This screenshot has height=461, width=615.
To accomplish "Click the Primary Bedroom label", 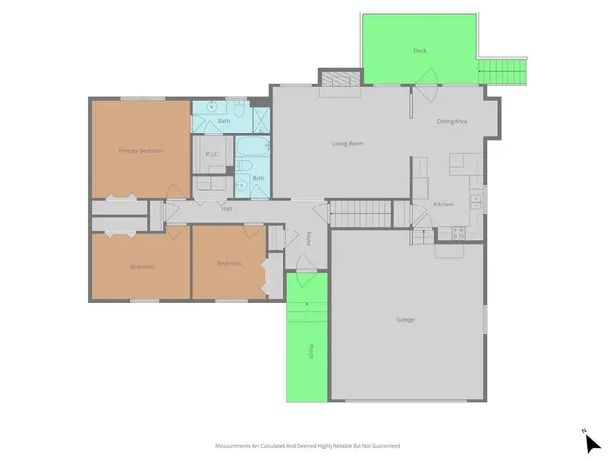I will click(141, 151).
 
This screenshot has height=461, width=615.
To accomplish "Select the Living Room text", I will click(348, 144).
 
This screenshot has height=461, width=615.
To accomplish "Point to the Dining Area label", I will click(452, 122).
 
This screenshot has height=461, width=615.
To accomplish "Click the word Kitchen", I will click(443, 205).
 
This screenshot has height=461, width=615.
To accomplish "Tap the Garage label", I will click(406, 319).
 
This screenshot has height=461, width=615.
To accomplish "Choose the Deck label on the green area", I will click(419, 50).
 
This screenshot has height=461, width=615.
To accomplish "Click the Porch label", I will click(310, 352).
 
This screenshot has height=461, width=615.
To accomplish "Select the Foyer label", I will click(308, 238).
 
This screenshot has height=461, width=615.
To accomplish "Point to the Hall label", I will click(227, 208).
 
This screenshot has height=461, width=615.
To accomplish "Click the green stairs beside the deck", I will click(504, 68).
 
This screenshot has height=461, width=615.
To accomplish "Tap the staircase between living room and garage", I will click(361, 213).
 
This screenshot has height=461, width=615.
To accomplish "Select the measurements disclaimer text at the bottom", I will click(307, 446).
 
